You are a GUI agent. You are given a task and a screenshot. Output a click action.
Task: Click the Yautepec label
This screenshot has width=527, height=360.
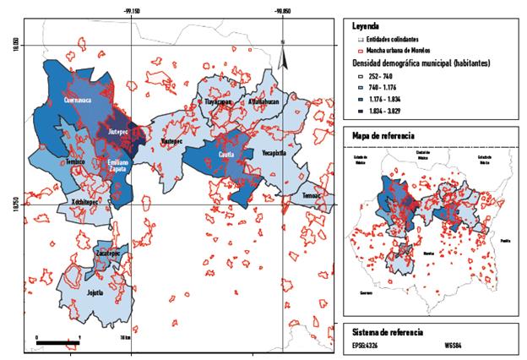tap(171, 142)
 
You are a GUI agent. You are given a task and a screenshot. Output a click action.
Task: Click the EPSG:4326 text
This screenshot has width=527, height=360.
tap(365, 346)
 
